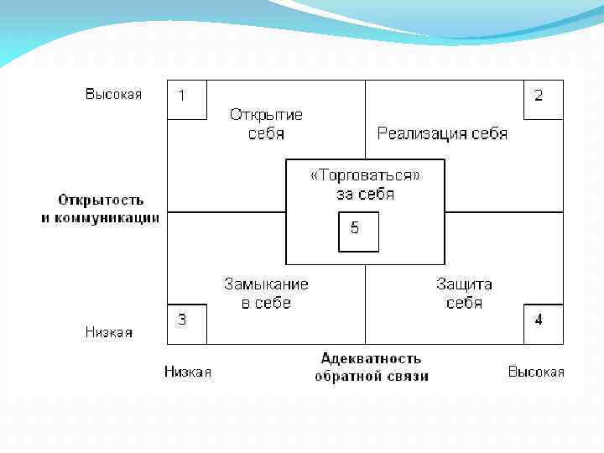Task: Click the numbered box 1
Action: pyautogui.click(x=186, y=99)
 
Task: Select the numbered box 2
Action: pyautogui.click(x=543, y=99)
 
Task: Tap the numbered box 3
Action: pyautogui.click(x=186, y=323)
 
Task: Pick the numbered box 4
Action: pyautogui.click(x=543, y=323)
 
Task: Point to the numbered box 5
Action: pyautogui.click(x=358, y=232)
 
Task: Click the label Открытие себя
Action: pyautogui.click(x=266, y=124)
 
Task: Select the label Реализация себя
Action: pyautogui.click(x=442, y=133)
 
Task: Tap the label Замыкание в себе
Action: pyautogui.click(x=266, y=294)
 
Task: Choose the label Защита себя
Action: pyautogui.click(x=464, y=294)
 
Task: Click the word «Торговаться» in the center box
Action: pyautogui.click(x=365, y=175)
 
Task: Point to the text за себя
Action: pyautogui.click(x=365, y=195)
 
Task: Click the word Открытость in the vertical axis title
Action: pyautogui.click(x=101, y=200)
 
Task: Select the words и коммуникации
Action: pyautogui.click(x=101, y=218)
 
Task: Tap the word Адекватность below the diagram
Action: pyautogui.click(x=371, y=359)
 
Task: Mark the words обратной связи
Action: pyautogui.click(x=371, y=377)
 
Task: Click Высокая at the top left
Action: pyautogui.click(x=113, y=94)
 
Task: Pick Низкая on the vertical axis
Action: pyautogui.click(x=109, y=332)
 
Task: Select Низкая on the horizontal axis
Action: pyautogui.click(x=188, y=372)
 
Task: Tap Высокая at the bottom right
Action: pyautogui.click(x=536, y=372)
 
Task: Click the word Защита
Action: pyautogui.click(x=464, y=284)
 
